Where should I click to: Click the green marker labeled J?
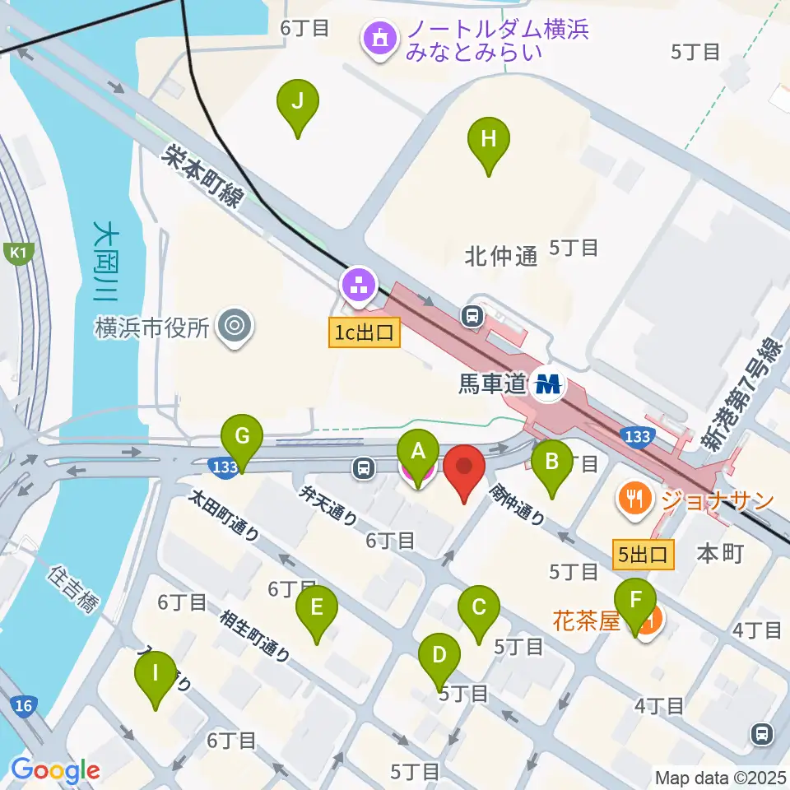tap(297, 102)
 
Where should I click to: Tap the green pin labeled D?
tap(439, 656)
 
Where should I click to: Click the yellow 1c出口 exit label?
tap(365, 332)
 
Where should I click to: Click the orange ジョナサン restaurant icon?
tap(633, 498)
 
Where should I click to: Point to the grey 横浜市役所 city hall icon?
tap(235, 328)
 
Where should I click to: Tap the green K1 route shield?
tap(16, 253)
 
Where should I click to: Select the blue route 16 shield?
tap(24, 705)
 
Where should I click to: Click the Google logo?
tap(55, 770)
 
